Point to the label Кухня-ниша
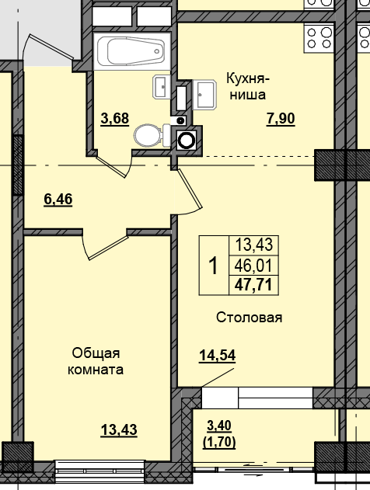[x=247, y=87]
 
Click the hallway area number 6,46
[x=58, y=200]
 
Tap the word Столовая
[x=249, y=317]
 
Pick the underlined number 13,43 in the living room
[x=118, y=429]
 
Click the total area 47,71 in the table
[x=252, y=283]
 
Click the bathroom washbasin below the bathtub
[x=161, y=86]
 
